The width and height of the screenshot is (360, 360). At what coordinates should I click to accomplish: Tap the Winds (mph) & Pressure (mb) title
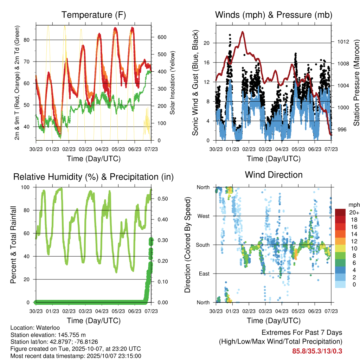pos(274,15)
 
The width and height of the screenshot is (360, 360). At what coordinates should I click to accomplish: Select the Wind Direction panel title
pos(274,175)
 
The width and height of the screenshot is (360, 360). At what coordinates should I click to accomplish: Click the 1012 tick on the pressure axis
pos(342,41)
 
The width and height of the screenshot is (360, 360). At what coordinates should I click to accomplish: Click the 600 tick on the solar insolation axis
pos(161,37)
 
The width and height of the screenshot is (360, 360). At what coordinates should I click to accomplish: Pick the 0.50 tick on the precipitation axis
pos(162,199)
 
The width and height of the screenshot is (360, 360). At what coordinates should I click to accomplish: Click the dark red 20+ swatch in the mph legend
pos(341,212)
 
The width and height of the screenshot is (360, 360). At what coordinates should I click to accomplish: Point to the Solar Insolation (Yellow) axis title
pos(173,83)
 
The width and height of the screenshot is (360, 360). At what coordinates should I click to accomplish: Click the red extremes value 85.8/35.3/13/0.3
pos(317,351)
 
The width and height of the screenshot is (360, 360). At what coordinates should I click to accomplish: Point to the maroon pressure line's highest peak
pos(243,32)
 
